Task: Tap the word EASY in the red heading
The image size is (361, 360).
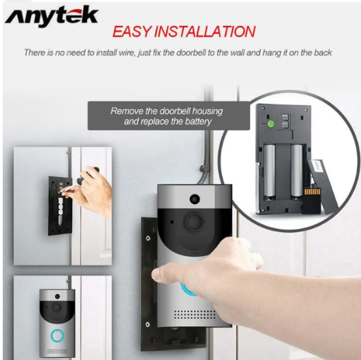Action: pos(132,32)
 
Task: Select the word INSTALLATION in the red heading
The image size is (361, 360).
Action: pos(205,32)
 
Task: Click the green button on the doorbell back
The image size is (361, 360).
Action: pos(270,124)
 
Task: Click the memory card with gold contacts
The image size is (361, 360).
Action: pos(312,201)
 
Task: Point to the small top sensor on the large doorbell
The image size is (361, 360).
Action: pos(194,199)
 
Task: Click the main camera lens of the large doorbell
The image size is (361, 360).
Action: pos(195,222)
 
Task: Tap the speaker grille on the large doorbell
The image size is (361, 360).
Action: pos(195,315)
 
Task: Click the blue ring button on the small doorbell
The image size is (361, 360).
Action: pos(57,335)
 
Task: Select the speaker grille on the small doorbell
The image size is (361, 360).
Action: pos(58,352)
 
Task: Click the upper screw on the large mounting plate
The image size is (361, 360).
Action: pos(148,238)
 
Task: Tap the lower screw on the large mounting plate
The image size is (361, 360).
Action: pos(148,325)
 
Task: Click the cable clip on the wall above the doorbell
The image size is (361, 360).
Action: pos(204,168)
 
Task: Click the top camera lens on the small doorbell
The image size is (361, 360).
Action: pos(57,296)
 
